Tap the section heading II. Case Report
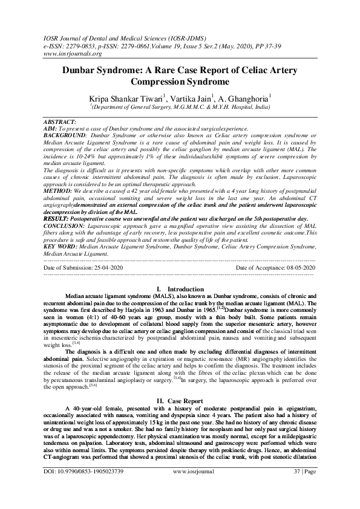[180, 400]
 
